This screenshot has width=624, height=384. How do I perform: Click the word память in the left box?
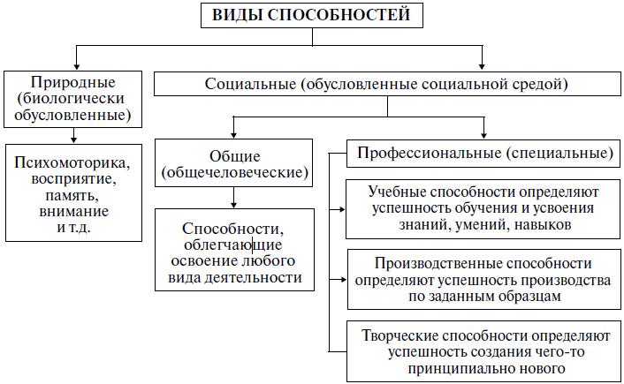[74, 196]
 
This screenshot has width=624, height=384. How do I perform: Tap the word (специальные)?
[560, 152]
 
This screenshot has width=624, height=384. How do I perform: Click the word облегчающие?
[234, 245]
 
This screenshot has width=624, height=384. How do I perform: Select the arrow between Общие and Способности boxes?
[232, 198]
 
